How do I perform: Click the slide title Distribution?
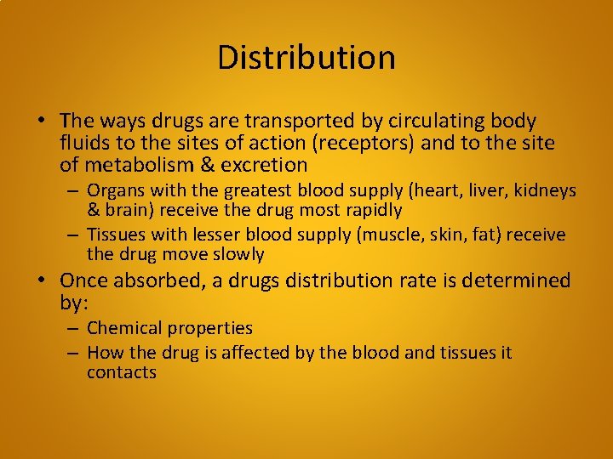pyautogui.click(x=306, y=58)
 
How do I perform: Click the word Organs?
pyautogui.click(x=115, y=190)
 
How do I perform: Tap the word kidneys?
pyautogui.click(x=546, y=190)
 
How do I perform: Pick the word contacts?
pyautogui.click(x=121, y=373)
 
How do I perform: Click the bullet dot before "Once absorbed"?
pyautogui.click(x=47, y=280)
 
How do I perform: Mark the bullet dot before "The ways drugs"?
pyautogui.click(x=47, y=121)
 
